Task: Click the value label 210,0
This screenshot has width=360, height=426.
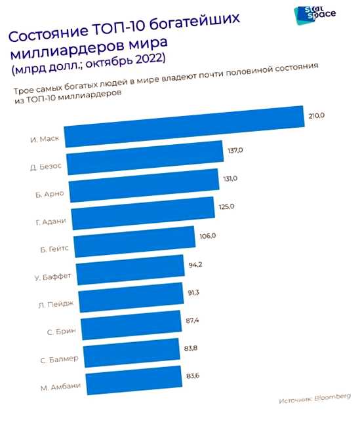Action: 316,116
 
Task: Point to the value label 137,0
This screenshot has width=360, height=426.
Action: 235,151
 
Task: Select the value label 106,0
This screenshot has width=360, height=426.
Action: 207,234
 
